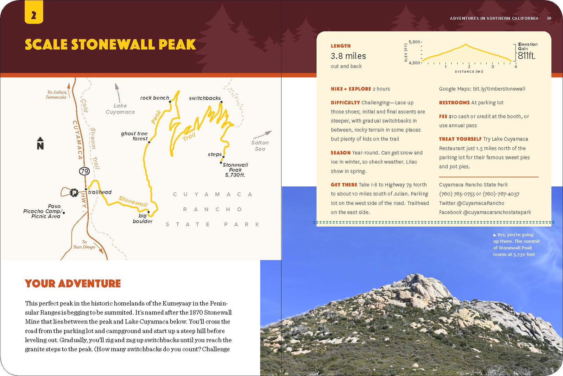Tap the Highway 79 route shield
pyautogui.click(x=84, y=171)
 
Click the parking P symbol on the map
pyautogui.click(x=74, y=192)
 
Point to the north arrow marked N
pyautogui.click(x=40, y=143)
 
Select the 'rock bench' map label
pyautogui.click(x=154, y=98)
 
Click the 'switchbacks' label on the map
pyautogui.click(x=205, y=98)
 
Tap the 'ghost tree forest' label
pyautogui.click(x=135, y=136)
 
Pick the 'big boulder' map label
pyautogui.click(x=143, y=218)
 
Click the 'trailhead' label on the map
pyautogui.click(x=100, y=192)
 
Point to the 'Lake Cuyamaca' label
pyautogui.click(x=120, y=109)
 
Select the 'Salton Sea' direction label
pyautogui.click(x=260, y=146)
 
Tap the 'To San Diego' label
pyautogui.click(x=84, y=245)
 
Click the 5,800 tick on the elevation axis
pyautogui.click(x=415, y=42)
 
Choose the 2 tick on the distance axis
pyautogui.click(x=469, y=66)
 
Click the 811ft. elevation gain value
pyautogui.click(x=526, y=56)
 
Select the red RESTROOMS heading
pyautogui.click(x=454, y=103)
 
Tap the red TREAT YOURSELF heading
pyautogui.click(x=460, y=139)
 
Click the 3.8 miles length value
pyautogui.click(x=348, y=56)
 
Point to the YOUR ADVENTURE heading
pyautogui.click(x=73, y=284)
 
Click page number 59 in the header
pyautogui.click(x=549, y=18)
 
